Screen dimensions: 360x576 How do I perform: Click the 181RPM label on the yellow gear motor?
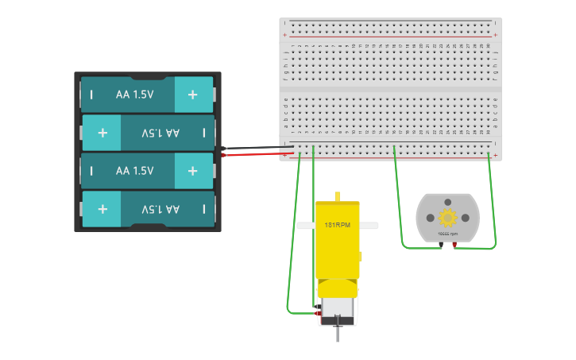[x=337, y=226]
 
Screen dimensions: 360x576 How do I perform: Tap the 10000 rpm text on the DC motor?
[x=447, y=234]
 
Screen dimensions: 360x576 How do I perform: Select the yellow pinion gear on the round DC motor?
[x=447, y=217]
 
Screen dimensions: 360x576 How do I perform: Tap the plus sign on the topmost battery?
[x=192, y=95]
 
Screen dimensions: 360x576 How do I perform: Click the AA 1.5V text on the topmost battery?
[x=133, y=95]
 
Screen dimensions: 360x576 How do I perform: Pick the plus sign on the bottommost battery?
[x=102, y=209]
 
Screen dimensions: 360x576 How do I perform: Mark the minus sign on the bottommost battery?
[x=203, y=209]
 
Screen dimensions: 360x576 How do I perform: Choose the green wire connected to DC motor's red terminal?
[x=492, y=207]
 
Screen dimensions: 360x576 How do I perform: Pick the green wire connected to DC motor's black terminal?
[x=398, y=207]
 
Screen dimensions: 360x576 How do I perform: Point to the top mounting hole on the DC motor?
[x=447, y=202]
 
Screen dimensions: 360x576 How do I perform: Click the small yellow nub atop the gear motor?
[x=337, y=195]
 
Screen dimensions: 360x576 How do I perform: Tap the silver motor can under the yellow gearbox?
[x=338, y=308]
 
